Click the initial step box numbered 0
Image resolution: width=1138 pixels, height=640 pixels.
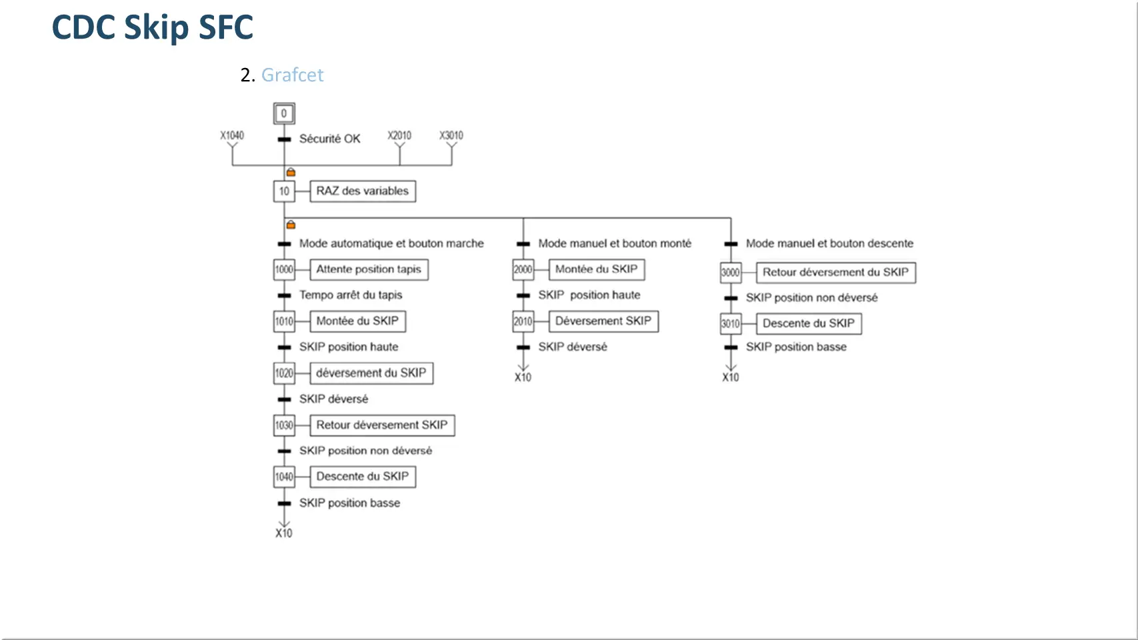click(x=284, y=113)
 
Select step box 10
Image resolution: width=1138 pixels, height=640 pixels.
click(x=284, y=191)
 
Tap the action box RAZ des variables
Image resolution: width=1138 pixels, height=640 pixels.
click(x=363, y=191)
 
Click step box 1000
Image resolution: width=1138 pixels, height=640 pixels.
click(x=284, y=269)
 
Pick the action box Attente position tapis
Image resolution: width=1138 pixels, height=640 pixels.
click(x=369, y=269)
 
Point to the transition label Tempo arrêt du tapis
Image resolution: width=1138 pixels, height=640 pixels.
click(x=351, y=295)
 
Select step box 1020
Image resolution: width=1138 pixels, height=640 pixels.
click(x=284, y=373)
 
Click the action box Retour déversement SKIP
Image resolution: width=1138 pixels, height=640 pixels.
click(x=382, y=425)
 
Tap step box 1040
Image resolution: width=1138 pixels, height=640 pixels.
click(x=284, y=477)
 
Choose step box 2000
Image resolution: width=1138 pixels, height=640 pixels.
click(x=523, y=269)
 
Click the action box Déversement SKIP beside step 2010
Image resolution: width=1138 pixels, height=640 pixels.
click(x=603, y=321)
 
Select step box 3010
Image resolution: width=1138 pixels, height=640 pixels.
click(x=731, y=323)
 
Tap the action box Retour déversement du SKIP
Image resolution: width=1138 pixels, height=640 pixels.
click(x=836, y=272)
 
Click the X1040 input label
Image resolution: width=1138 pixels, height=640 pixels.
click(x=232, y=135)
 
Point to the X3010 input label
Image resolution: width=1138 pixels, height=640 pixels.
click(x=451, y=135)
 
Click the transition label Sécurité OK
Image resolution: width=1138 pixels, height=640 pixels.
click(x=330, y=139)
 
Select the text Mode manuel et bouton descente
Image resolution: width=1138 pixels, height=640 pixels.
click(x=829, y=243)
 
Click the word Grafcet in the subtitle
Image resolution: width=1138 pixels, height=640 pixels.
click(x=292, y=75)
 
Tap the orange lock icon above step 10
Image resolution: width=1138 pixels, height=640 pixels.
click(x=291, y=172)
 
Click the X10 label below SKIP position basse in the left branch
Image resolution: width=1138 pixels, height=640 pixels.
click(x=284, y=533)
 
